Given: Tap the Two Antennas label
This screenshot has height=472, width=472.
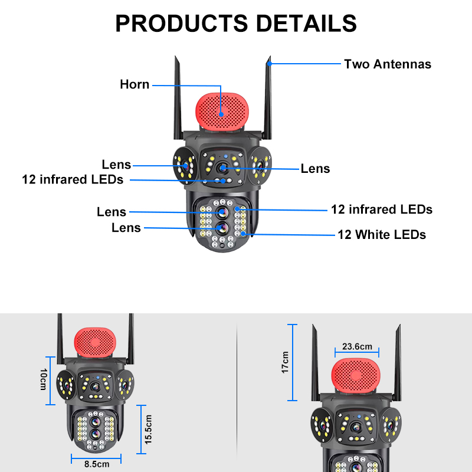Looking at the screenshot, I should coord(388,64).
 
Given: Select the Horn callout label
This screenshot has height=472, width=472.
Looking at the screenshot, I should coord(135,84).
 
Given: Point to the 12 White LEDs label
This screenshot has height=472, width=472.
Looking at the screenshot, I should coord(381,235).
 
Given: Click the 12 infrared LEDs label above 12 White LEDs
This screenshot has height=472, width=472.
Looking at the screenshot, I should coord(381,209).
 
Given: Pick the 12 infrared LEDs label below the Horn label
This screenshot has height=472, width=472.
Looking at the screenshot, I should coord(73,179).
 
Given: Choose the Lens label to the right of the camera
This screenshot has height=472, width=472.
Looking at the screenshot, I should coord(315,169).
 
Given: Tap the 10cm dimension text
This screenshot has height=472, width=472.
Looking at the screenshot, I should coord(42,380).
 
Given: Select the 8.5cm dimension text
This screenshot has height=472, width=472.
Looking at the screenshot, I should coord(97,464).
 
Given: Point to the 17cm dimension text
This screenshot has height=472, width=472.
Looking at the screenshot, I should coord(285,362).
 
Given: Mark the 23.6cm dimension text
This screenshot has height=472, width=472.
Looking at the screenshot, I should coord(357,346).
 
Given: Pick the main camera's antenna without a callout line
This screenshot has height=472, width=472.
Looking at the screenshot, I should coord(177,94).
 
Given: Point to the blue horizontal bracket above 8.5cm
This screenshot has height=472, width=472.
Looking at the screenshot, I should coord(96,455).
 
